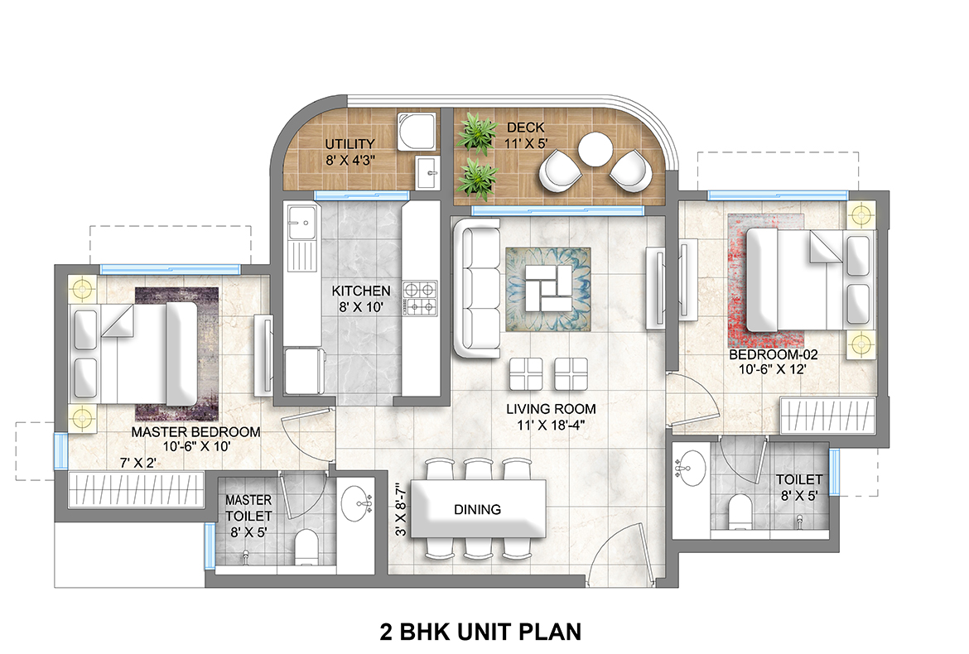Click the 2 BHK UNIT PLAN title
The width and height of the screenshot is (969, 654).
(x=480, y=632)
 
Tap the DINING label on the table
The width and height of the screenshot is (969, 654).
(x=478, y=509)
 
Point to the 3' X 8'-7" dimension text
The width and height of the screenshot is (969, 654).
(x=400, y=522)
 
